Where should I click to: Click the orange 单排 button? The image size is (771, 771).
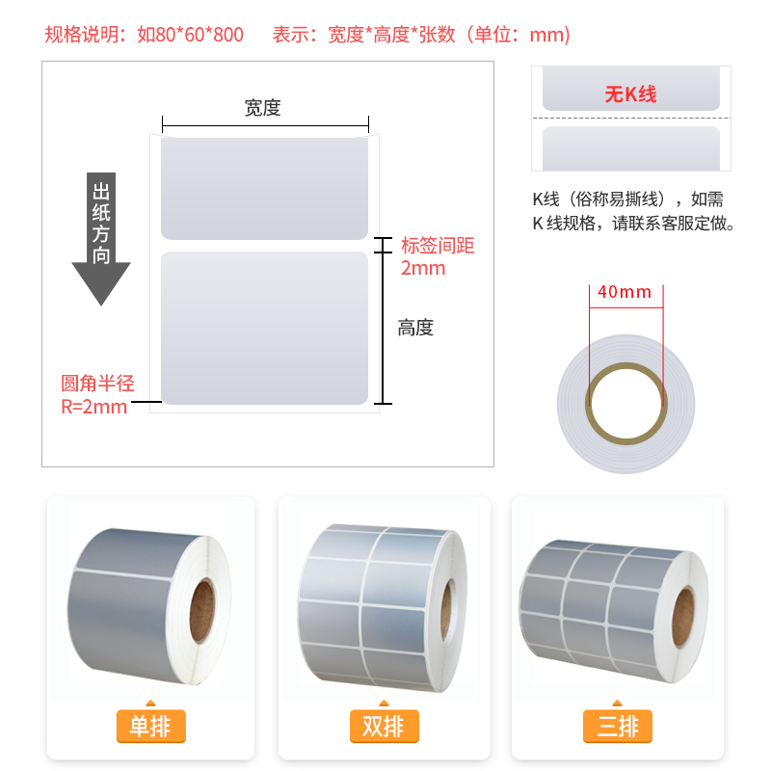[x=151, y=726]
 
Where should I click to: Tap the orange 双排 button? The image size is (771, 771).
[x=384, y=726]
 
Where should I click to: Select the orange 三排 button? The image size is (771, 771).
[x=618, y=726]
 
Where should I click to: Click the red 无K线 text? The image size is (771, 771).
[x=631, y=93]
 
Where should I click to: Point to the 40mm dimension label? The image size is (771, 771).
[x=625, y=292]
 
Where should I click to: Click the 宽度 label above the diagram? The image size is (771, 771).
[x=262, y=108]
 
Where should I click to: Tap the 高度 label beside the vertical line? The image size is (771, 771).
[x=415, y=328]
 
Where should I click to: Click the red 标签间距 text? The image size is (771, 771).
[x=438, y=246]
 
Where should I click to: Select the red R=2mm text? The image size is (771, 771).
[x=93, y=407]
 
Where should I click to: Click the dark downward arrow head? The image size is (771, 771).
[x=101, y=283]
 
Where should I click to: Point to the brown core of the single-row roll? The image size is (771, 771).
[x=202, y=611]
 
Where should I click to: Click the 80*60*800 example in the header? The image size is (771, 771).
[x=190, y=35]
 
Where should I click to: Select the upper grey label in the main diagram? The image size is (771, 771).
[x=264, y=188]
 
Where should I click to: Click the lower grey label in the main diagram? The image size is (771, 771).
[x=264, y=328]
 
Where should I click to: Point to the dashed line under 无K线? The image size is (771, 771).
[x=631, y=118]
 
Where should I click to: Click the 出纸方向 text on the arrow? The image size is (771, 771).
[x=101, y=223]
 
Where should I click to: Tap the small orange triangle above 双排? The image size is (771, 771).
[x=384, y=703]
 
